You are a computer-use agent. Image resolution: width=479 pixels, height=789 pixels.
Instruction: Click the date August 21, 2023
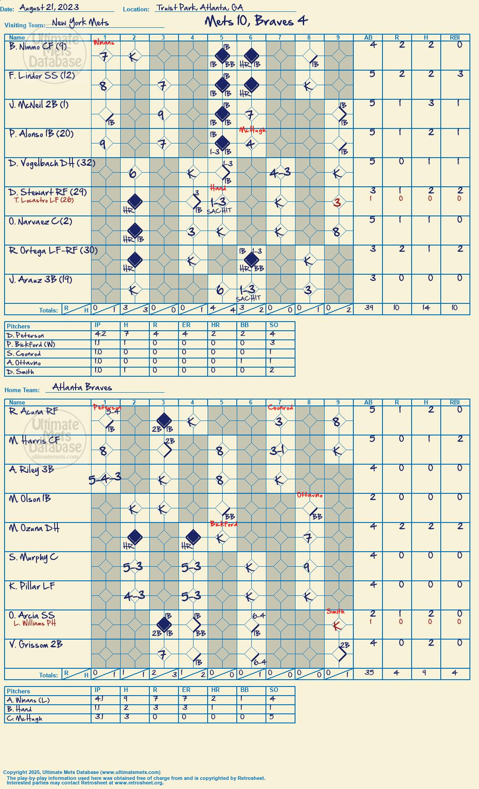coord(49,7)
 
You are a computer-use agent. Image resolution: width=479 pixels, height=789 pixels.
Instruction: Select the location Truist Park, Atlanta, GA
coord(199,7)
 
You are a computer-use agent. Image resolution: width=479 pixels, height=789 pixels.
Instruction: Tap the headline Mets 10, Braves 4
coord(256,21)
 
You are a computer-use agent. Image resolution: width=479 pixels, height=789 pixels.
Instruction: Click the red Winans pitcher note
coord(104,43)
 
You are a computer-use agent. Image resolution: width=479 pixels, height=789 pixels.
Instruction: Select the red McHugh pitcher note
coord(252,130)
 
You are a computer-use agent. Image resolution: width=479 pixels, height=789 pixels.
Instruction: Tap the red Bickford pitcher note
coord(224,524)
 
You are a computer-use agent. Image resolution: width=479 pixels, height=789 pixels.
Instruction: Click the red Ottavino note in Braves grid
coord(310,495)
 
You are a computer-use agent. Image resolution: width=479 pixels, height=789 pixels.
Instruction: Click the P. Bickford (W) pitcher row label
coord(31,344)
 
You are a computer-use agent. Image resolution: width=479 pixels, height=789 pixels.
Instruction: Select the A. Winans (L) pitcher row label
coord(28,700)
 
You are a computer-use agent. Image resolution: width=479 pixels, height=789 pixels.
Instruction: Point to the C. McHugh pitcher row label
coord(24,718)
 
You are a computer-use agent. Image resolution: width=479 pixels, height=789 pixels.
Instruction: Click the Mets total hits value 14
coord(426,308)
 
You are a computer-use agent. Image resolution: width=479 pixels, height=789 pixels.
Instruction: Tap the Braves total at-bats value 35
coord(369,672)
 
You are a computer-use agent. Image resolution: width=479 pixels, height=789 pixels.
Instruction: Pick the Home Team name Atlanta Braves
coord(82,387)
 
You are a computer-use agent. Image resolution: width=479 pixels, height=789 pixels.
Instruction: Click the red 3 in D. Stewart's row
coord(337,203)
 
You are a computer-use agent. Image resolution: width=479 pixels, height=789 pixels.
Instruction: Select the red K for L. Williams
coord(337,626)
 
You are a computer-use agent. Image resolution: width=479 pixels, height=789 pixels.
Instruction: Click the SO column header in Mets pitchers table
coord(274,325)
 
